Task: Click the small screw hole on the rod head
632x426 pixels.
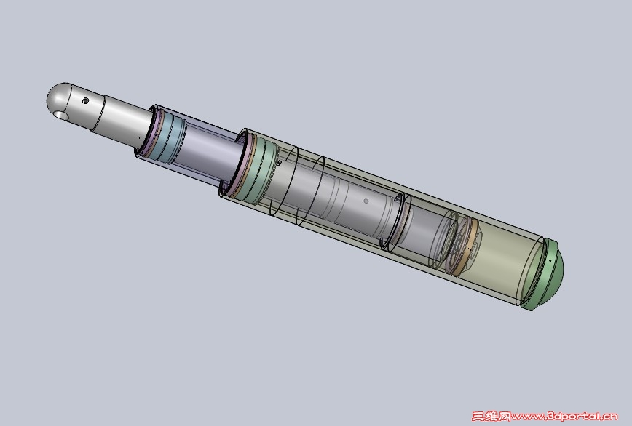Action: [x=85, y=100]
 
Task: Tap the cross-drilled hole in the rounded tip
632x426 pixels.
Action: [x=61, y=116]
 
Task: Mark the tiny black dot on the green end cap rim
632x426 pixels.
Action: [x=550, y=261]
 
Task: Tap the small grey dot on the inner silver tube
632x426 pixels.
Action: [x=366, y=201]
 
